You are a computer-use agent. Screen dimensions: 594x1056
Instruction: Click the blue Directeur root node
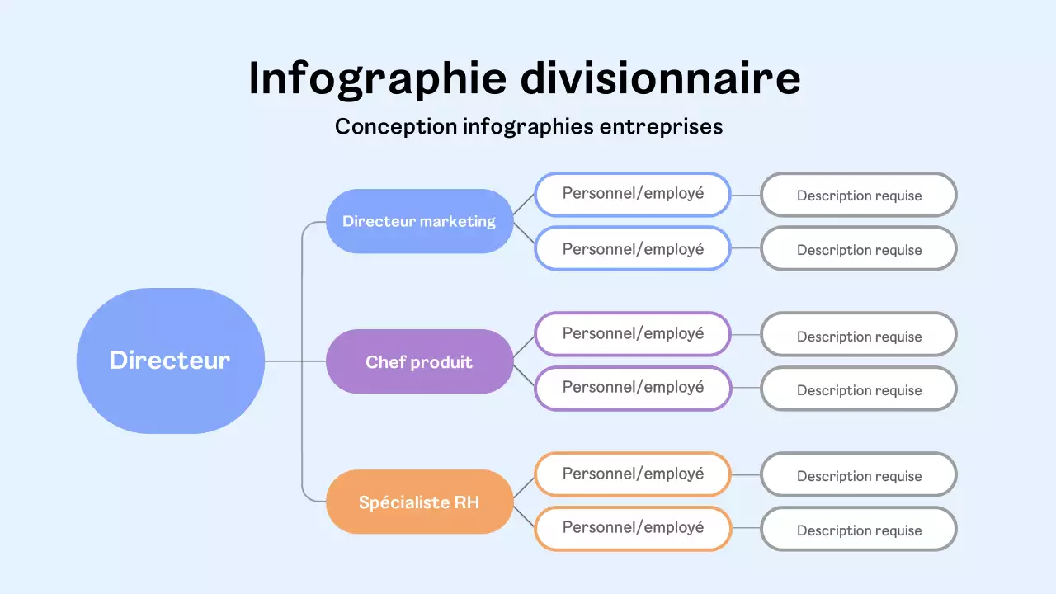point(170,361)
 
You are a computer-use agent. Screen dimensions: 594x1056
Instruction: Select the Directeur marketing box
point(419,221)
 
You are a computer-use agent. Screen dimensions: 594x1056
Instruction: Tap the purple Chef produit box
point(419,361)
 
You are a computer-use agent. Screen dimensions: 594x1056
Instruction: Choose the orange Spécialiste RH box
point(419,502)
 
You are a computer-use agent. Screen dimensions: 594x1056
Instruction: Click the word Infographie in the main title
point(377,79)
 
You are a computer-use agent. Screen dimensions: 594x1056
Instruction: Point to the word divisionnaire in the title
point(661,79)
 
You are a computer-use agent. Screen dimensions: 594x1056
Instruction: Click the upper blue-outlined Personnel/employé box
point(633,194)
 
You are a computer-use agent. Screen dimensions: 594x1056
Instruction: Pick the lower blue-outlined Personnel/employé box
point(633,248)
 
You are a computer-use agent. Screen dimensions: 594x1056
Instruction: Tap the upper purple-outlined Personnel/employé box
point(633,334)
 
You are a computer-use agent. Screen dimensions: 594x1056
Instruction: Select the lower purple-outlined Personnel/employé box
point(633,388)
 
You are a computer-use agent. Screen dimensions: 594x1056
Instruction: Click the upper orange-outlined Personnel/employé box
point(633,474)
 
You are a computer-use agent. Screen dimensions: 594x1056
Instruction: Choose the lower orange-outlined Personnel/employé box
point(633,528)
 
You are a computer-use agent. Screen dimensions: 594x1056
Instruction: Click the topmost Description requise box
point(859,196)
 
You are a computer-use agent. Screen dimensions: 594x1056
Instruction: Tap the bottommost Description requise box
point(859,530)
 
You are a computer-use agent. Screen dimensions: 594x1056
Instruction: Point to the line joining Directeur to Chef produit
point(295,361)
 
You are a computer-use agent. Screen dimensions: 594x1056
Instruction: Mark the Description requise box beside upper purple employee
point(859,336)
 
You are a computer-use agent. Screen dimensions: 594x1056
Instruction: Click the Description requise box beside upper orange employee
point(859,475)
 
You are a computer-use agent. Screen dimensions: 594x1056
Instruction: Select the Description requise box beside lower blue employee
point(859,249)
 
